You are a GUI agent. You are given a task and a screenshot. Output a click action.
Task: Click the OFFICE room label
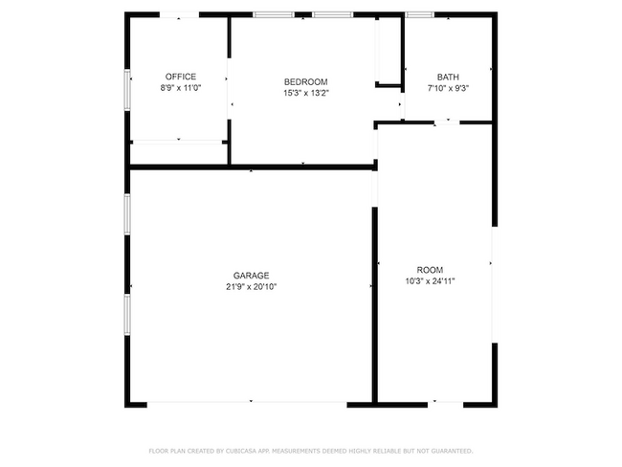click(x=180, y=77)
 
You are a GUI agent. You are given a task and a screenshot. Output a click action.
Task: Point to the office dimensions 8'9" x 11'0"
click(x=180, y=88)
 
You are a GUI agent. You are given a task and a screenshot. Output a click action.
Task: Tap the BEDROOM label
click(x=306, y=81)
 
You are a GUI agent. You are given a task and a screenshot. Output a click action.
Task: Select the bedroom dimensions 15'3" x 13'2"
click(x=306, y=93)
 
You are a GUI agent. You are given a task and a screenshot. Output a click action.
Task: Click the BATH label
click(x=448, y=77)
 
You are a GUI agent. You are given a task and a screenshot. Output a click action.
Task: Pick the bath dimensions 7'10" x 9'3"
click(x=448, y=88)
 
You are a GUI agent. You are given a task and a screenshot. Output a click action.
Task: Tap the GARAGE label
click(x=252, y=275)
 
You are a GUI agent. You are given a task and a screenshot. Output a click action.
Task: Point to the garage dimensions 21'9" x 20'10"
click(x=252, y=286)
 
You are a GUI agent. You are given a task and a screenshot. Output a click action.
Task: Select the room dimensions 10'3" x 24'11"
click(x=435, y=280)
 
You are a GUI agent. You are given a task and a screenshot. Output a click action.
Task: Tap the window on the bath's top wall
click(x=418, y=14)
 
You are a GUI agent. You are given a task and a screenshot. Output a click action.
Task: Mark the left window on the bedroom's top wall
click(x=274, y=14)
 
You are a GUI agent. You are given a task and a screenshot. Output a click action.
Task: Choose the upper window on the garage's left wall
click(x=128, y=213)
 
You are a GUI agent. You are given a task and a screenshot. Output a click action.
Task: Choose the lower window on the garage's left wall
click(x=128, y=314)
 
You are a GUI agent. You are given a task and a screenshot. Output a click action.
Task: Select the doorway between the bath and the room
click(x=447, y=122)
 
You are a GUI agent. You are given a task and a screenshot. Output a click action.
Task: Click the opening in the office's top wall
click(x=180, y=14)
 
